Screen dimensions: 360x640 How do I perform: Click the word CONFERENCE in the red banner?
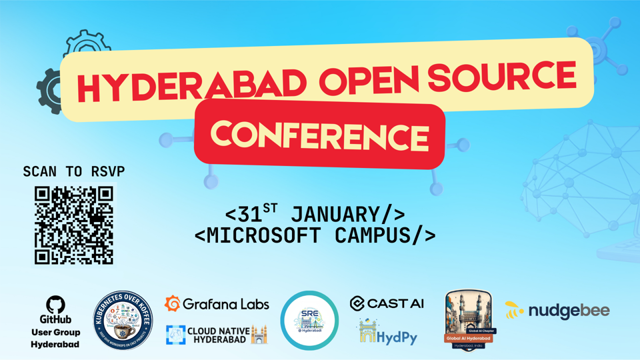[x=319, y=136]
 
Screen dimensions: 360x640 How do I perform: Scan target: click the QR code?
[x=74, y=225]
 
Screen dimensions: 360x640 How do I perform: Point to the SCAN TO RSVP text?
[x=73, y=171]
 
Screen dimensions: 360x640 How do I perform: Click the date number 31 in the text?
[x=251, y=215]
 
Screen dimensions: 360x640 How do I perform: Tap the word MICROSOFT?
[x=272, y=235]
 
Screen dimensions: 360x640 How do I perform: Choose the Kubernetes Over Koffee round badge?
[x=123, y=320]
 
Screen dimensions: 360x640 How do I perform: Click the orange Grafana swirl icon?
[x=172, y=303]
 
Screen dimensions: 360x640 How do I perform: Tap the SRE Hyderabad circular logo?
[x=309, y=320]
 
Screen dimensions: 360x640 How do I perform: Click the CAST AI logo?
[x=387, y=303]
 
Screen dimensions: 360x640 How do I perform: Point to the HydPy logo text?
[x=397, y=337]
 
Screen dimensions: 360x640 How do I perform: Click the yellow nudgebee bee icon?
[x=513, y=310]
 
